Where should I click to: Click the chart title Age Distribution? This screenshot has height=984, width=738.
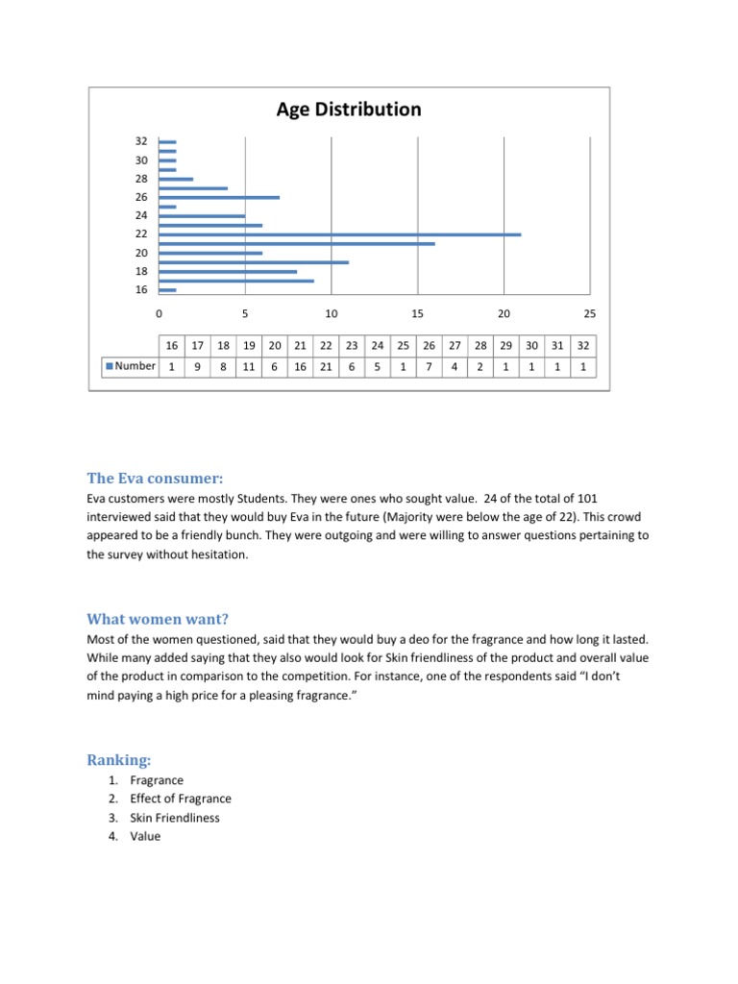[349, 110]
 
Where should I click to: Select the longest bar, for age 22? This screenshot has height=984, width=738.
[340, 234]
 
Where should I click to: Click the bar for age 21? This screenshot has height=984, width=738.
[297, 243]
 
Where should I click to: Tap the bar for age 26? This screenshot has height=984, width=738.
[219, 197]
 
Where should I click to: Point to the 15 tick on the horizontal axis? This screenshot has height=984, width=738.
[417, 313]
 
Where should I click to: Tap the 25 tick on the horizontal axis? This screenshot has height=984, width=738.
[590, 313]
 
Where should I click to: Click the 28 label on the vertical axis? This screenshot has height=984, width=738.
[141, 179]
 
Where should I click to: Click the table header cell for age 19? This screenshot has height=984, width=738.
[249, 346]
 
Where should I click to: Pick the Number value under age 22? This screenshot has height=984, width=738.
[326, 366]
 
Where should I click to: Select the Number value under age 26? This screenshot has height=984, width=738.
[429, 366]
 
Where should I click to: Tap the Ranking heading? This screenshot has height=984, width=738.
[119, 760]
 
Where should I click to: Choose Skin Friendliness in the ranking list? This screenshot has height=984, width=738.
[174, 818]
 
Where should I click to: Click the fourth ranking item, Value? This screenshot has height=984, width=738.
[145, 836]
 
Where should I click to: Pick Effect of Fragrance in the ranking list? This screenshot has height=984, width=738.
[181, 799]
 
